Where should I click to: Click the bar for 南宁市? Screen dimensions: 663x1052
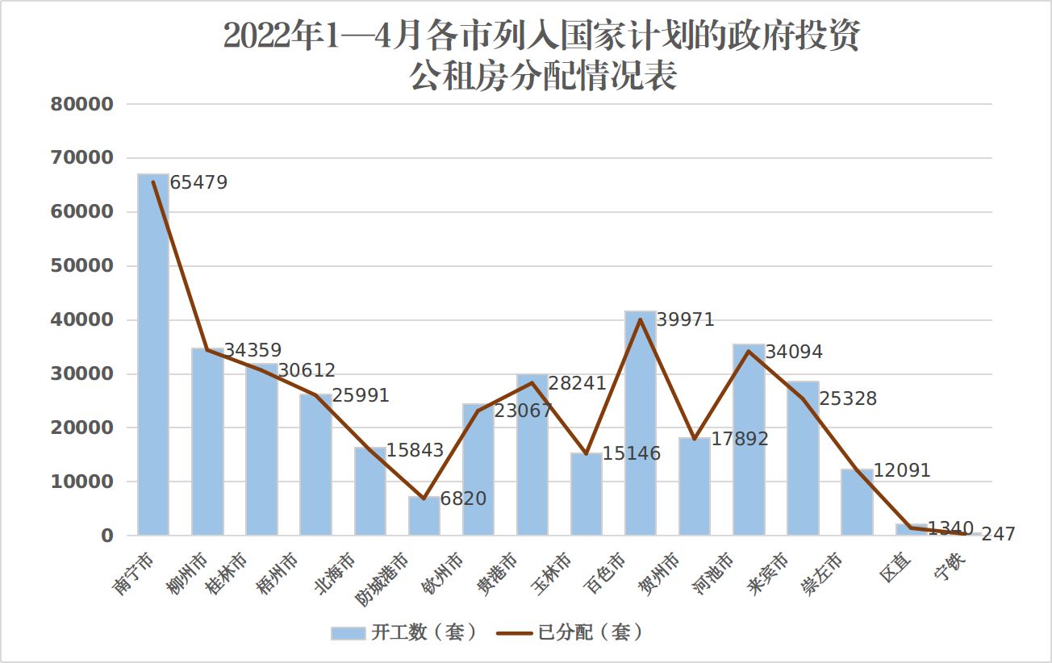point(153,355)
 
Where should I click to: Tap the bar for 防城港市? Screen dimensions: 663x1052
point(424,516)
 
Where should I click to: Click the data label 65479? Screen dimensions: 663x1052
point(199,183)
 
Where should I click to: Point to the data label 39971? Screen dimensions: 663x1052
point(686,320)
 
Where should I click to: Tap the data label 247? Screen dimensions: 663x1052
point(999,534)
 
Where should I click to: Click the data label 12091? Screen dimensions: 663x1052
point(902,470)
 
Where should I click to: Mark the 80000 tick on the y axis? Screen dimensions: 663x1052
point(81,104)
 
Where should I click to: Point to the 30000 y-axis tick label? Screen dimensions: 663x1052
point(81,374)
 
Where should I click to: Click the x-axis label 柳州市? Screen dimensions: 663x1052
point(187,573)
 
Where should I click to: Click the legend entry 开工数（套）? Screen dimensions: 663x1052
point(404,633)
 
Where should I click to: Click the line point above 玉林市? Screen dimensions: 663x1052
point(587,453)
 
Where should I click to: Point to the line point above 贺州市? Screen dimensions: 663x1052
point(695,439)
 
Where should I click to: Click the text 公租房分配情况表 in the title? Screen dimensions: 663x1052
point(542,77)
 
